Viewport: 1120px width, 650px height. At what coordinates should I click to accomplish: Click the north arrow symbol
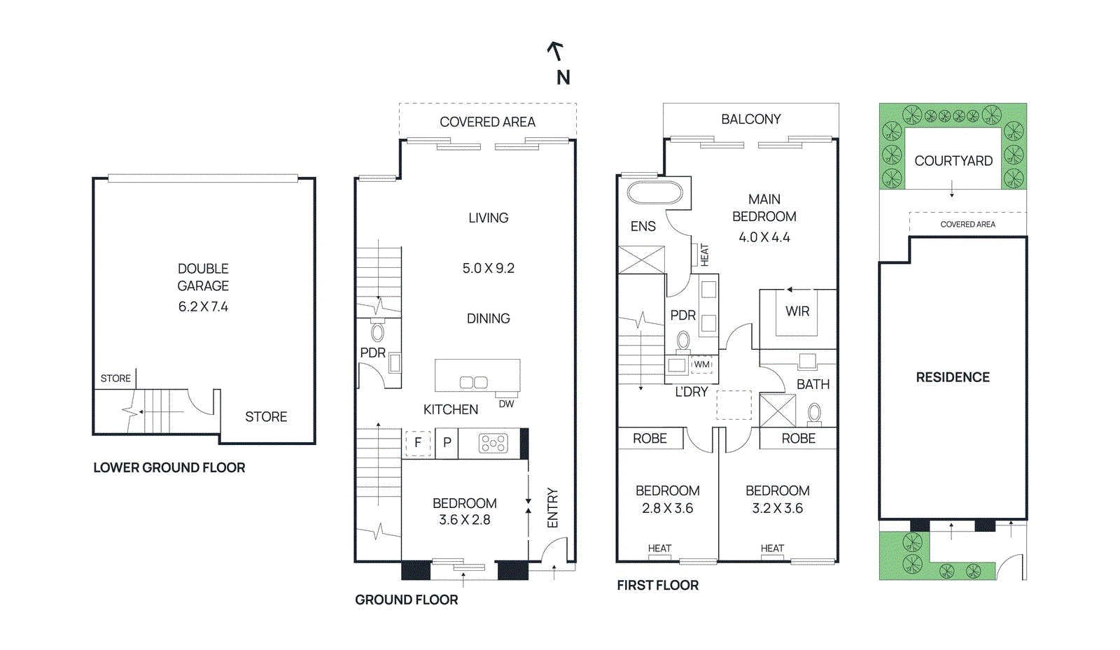click(x=556, y=51)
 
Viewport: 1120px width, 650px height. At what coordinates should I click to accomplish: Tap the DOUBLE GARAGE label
click(x=203, y=277)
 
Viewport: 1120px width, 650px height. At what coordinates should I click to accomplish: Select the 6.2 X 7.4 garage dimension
click(x=203, y=306)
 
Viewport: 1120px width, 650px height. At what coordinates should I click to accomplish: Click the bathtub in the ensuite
click(x=654, y=192)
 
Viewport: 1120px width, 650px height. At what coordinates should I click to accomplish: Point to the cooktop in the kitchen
click(x=493, y=443)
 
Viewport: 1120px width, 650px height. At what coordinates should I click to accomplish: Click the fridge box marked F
click(x=418, y=443)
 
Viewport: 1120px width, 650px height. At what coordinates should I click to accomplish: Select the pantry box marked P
click(x=447, y=443)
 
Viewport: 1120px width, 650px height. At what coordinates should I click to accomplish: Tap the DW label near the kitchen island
click(x=506, y=404)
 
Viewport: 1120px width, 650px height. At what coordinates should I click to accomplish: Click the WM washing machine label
click(x=701, y=365)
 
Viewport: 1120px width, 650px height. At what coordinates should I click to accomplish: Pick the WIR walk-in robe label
click(x=797, y=311)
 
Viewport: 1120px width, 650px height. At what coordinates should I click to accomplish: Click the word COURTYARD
click(x=953, y=161)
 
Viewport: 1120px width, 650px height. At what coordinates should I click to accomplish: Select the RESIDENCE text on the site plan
click(x=953, y=377)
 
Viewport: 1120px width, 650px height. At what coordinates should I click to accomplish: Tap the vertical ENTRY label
click(x=553, y=508)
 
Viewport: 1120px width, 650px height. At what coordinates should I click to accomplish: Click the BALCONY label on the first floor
click(x=751, y=119)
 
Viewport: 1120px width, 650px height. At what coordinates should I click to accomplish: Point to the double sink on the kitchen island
click(x=474, y=382)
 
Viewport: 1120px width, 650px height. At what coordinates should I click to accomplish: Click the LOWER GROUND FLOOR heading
click(x=169, y=467)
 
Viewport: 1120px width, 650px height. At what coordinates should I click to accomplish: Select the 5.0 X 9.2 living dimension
click(x=488, y=268)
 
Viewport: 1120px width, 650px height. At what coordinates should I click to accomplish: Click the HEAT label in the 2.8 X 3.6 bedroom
click(x=659, y=548)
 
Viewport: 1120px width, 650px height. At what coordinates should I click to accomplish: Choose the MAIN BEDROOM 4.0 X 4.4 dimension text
click(x=764, y=237)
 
